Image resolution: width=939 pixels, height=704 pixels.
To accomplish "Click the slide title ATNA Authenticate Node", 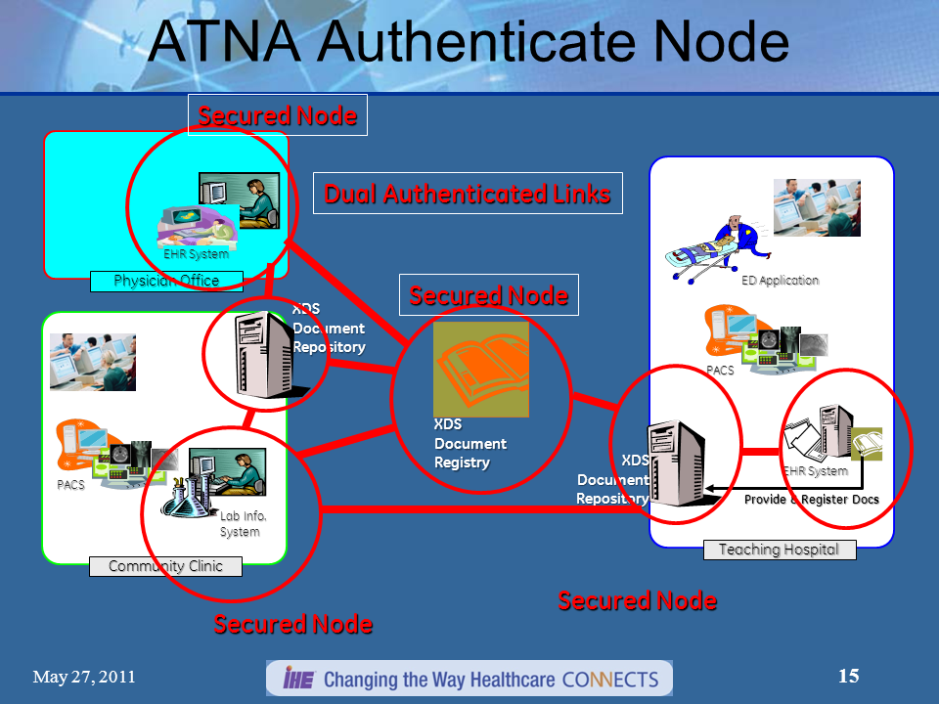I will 469,43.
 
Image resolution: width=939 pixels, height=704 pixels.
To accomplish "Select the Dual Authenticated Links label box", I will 468,194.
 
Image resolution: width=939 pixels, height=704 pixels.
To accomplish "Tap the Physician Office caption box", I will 166,282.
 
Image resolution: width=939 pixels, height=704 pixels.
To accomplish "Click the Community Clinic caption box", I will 165,566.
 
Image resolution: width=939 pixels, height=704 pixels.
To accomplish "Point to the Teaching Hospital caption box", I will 779,550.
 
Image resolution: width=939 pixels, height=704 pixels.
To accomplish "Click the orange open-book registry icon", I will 481,369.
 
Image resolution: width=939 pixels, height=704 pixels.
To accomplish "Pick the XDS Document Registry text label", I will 470,444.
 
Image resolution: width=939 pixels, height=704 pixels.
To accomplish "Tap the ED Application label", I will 780,281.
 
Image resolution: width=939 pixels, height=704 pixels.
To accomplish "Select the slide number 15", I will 849,676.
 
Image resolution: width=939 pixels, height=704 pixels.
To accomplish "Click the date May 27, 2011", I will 83,677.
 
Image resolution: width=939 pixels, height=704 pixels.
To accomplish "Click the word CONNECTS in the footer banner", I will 610,679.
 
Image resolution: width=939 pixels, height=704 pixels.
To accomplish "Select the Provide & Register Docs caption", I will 812,500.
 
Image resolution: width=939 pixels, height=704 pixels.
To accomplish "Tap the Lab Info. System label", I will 243,524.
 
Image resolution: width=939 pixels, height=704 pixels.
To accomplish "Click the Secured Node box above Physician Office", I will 277,115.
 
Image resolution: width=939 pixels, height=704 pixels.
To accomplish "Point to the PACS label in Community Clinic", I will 70,485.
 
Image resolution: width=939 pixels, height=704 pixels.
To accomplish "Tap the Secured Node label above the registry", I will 488,295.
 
